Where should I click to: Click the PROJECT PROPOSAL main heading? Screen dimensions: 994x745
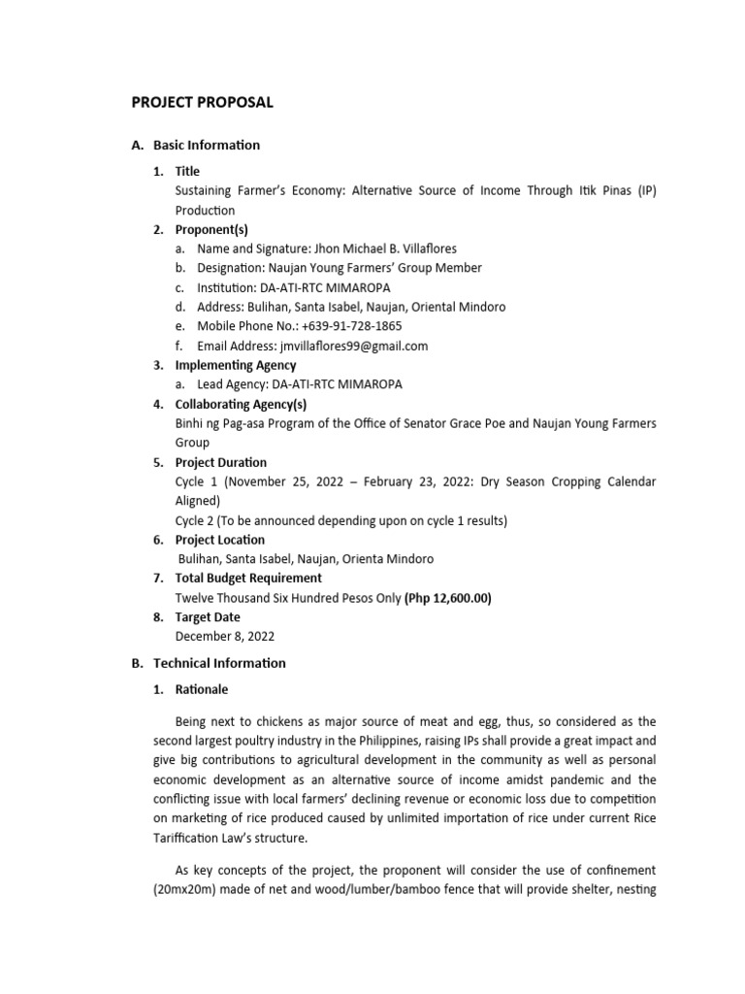coord(202,102)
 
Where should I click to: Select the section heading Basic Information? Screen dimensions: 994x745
coord(206,145)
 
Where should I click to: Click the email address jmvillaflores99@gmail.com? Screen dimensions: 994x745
coord(353,346)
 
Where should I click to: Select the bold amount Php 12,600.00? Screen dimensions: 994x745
coord(448,598)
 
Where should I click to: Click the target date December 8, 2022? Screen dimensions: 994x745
coord(224,637)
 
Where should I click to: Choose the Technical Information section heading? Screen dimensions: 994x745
coord(219,663)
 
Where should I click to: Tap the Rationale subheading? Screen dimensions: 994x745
coord(202,690)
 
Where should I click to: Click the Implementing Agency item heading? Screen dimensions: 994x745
coord(236,365)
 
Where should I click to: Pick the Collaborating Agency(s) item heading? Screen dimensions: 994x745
coord(242,404)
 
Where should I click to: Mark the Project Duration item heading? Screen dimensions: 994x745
coord(220,462)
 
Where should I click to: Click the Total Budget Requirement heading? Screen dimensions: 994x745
coord(248,579)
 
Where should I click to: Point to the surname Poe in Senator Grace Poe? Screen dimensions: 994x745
coord(508,423)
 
